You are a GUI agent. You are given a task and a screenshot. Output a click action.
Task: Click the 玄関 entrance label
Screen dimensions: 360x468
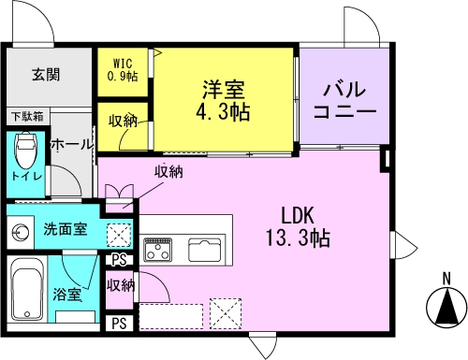[x=46, y=75]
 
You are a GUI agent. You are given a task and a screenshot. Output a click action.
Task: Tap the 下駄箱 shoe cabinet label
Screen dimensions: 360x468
[x=27, y=117]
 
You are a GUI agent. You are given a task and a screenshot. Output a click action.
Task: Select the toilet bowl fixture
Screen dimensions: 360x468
[x=27, y=150]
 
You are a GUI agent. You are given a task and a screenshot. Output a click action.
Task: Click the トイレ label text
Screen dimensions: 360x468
[x=25, y=175]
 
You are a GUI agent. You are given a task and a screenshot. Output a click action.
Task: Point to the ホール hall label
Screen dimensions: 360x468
[x=70, y=145]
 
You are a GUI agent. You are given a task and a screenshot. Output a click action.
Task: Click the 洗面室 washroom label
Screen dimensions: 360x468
[x=65, y=228]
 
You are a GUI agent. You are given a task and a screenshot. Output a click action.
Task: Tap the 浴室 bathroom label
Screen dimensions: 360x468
[x=66, y=295]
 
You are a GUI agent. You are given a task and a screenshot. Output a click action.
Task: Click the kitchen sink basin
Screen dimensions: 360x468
[x=206, y=251]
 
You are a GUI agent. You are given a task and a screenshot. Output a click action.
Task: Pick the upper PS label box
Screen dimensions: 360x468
[x=119, y=260]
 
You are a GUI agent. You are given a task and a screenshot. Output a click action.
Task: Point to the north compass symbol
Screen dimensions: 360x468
[x=446, y=305]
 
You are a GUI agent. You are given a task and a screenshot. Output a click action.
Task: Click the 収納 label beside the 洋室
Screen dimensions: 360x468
[x=124, y=121]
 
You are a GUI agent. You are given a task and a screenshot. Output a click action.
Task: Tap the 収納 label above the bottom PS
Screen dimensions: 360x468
[x=121, y=285]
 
